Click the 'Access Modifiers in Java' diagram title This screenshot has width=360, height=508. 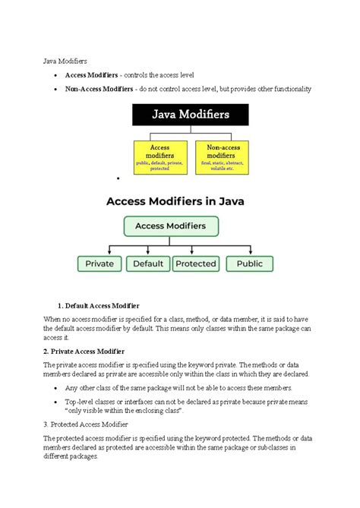tap(179, 202)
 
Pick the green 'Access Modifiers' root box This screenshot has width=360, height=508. tap(171, 226)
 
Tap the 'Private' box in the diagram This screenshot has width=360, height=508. tap(99, 263)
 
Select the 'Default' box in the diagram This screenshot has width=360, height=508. tap(148, 263)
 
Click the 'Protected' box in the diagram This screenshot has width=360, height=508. tap(195, 263)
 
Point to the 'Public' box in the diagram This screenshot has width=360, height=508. tap(250, 263)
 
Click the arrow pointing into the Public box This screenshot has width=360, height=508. tap(250, 251)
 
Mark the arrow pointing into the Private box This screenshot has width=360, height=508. tap(110, 251)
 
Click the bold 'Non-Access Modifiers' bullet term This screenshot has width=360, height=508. tap(99, 89)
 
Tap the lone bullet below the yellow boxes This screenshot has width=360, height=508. tap(119, 179)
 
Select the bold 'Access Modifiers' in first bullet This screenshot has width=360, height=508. tap(90, 75)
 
